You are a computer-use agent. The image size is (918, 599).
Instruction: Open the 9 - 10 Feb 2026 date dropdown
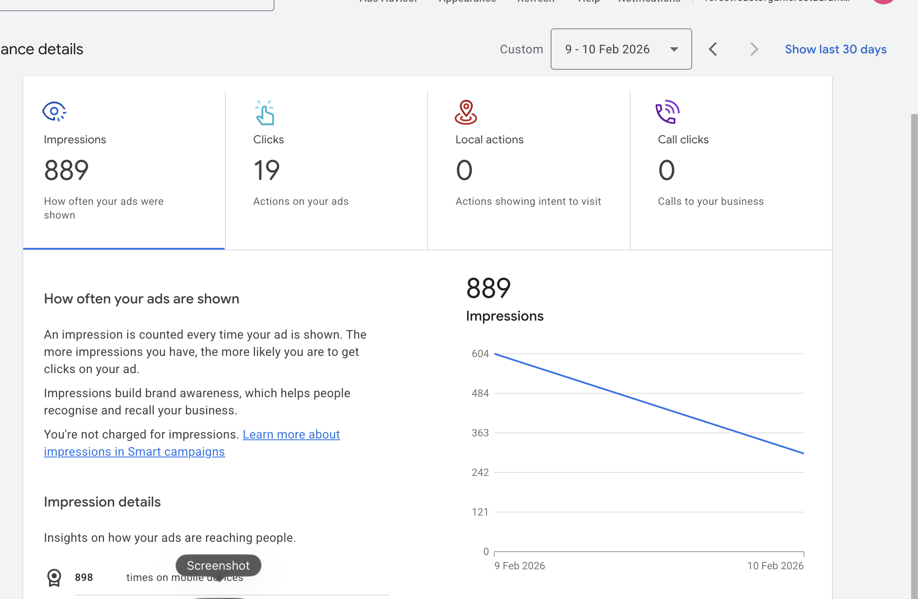pyautogui.click(x=621, y=49)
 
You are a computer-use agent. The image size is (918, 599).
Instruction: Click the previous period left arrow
pyautogui.click(x=713, y=49)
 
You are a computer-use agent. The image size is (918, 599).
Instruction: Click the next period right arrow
pyautogui.click(x=754, y=49)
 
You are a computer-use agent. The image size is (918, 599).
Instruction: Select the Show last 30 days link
pyautogui.click(x=835, y=49)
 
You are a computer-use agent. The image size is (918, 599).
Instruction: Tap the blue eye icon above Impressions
pyautogui.click(x=54, y=112)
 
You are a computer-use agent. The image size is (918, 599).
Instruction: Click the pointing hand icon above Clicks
pyautogui.click(x=265, y=113)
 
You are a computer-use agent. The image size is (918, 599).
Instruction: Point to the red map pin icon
pyautogui.click(x=466, y=112)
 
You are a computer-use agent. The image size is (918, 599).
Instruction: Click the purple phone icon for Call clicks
pyautogui.click(x=667, y=112)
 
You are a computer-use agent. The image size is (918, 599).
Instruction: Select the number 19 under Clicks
pyautogui.click(x=266, y=170)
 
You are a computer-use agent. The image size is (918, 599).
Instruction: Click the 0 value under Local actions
pyautogui.click(x=464, y=170)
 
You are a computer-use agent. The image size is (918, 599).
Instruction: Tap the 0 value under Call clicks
pyautogui.click(x=666, y=170)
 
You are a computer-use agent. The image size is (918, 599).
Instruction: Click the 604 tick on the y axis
pyautogui.click(x=480, y=354)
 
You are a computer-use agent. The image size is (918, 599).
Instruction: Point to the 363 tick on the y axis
pyautogui.click(x=480, y=433)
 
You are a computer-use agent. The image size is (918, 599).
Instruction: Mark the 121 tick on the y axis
pyautogui.click(x=480, y=512)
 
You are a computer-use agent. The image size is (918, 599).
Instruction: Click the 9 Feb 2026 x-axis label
pyautogui.click(x=520, y=566)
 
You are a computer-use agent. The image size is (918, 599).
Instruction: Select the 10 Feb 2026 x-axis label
pyautogui.click(x=775, y=566)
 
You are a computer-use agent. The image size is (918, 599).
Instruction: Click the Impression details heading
pyautogui.click(x=102, y=502)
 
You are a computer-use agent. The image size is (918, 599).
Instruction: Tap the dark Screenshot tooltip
pyautogui.click(x=218, y=565)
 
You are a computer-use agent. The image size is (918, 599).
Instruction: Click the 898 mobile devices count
pyautogui.click(x=84, y=577)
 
